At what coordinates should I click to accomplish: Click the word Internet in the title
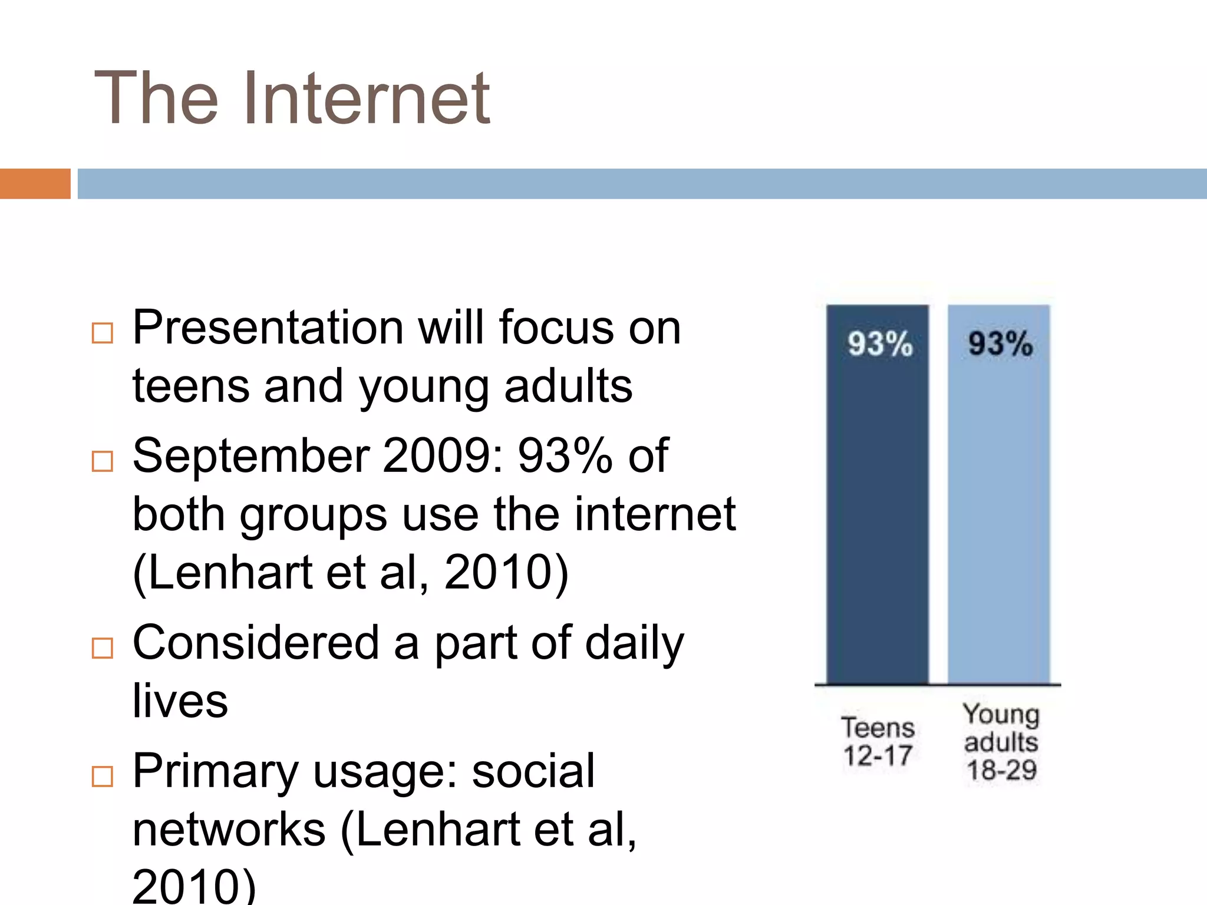(x=366, y=98)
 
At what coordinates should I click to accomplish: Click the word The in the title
(x=156, y=98)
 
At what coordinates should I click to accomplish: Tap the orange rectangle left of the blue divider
(x=35, y=184)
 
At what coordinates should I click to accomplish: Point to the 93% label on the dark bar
(x=880, y=343)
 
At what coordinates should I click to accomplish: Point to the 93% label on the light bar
(x=1000, y=343)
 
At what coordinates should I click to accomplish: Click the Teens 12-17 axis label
(x=878, y=742)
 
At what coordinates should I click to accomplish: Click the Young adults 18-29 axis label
(x=1001, y=742)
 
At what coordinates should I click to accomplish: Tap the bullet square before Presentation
(x=103, y=333)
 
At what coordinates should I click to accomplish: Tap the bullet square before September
(x=103, y=461)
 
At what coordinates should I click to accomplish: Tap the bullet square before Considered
(x=103, y=648)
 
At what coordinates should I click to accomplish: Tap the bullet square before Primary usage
(x=103, y=777)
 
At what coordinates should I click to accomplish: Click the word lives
(x=180, y=701)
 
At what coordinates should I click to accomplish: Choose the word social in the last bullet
(x=533, y=771)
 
